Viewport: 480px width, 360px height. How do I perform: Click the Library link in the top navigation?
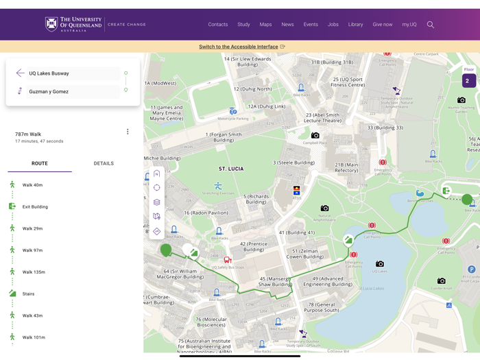(x=355, y=25)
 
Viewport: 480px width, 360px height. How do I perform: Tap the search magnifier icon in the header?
(x=431, y=25)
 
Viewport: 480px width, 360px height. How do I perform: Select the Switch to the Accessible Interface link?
(x=238, y=47)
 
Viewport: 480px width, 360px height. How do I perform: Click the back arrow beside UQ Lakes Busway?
(x=20, y=73)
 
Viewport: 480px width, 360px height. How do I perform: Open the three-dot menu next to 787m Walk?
(x=128, y=132)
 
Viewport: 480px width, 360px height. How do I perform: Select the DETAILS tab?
(x=104, y=163)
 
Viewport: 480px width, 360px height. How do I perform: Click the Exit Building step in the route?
(x=35, y=206)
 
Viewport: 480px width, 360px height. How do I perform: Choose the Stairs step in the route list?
(x=28, y=293)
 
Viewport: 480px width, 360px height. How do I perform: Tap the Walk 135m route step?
(x=34, y=272)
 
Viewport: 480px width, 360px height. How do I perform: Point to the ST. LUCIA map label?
(x=231, y=169)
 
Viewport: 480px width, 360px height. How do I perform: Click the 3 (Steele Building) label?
(x=293, y=163)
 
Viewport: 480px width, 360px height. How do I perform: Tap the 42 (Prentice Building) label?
(x=253, y=246)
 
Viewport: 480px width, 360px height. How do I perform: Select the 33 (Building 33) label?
(x=385, y=128)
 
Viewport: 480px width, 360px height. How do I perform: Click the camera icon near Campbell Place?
(x=315, y=136)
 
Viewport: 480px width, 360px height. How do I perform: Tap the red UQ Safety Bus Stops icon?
(x=227, y=260)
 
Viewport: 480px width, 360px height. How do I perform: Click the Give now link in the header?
(x=383, y=25)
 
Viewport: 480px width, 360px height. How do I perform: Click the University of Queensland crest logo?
(x=51, y=24)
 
